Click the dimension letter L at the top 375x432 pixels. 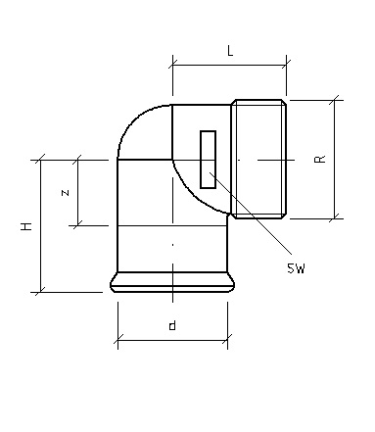click(x=230, y=51)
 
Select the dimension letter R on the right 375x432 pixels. click(x=320, y=159)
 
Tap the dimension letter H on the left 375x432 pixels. click(x=26, y=226)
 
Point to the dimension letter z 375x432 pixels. click(x=66, y=193)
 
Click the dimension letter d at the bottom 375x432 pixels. click(x=172, y=325)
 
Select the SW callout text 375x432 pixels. click(x=296, y=268)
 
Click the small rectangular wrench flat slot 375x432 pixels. click(x=208, y=160)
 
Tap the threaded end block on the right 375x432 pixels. click(x=258, y=159)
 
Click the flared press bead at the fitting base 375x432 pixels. click(x=172, y=282)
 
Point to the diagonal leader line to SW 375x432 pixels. click(x=251, y=213)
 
